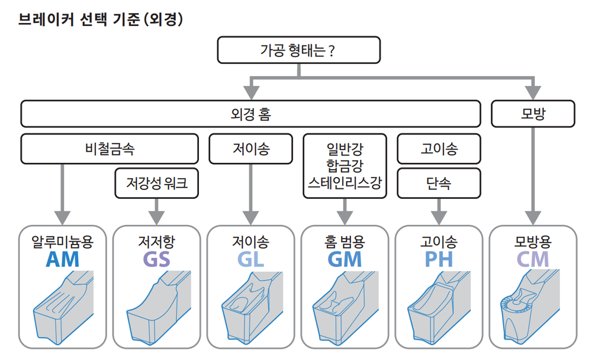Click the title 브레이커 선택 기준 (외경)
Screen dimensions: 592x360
[x=101, y=19]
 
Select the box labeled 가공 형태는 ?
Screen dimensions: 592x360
[x=298, y=50]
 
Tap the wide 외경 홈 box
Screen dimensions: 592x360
[x=250, y=114]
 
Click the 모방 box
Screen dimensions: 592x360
[x=533, y=114]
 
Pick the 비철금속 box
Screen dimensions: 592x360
[x=110, y=149]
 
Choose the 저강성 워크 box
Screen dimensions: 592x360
[x=157, y=183]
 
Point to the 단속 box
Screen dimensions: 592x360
[x=439, y=183]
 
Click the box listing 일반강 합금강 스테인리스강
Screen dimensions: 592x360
[x=345, y=166]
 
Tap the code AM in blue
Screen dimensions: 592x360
[x=62, y=259]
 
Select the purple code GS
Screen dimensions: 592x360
[x=156, y=259]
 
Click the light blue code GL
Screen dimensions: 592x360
[x=250, y=259]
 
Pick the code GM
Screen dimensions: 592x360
[x=345, y=259]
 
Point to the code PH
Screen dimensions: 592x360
[x=438, y=259]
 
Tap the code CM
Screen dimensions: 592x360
[x=532, y=259]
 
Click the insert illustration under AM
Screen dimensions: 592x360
[x=63, y=307]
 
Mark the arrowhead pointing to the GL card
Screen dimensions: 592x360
[x=250, y=218]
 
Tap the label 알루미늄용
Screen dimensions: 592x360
[x=62, y=242]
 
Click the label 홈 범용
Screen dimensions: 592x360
[x=345, y=242]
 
